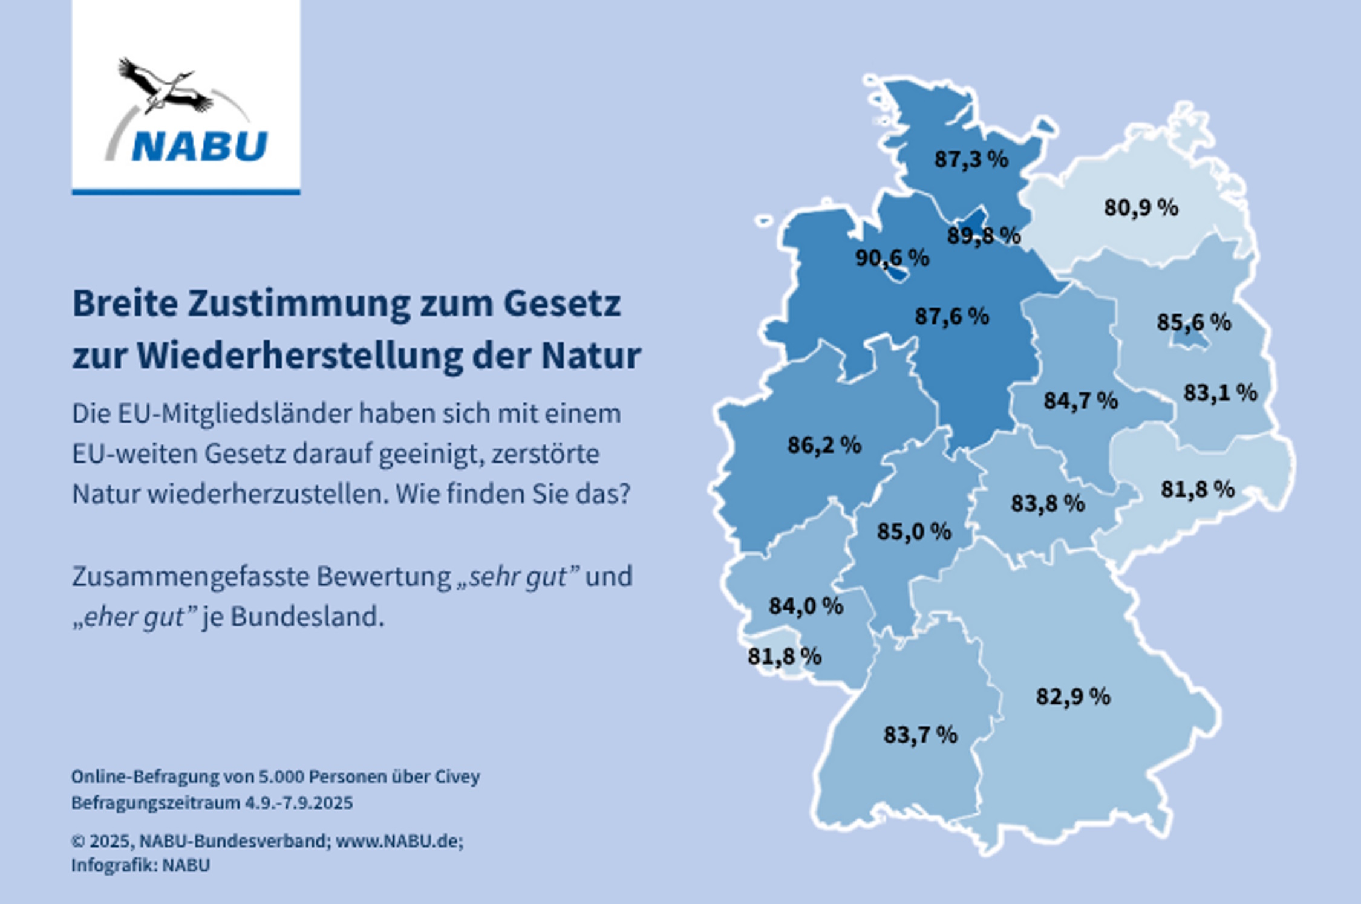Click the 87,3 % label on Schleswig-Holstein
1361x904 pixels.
[x=971, y=160]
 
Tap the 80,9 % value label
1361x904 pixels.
[x=1141, y=208]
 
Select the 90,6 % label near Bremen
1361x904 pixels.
[x=892, y=258]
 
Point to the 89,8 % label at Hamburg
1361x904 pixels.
[x=984, y=235]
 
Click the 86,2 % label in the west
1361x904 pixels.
[x=824, y=446]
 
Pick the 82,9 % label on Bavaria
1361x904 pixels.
[x=1073, y=697]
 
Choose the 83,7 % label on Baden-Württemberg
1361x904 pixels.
[x=920, y=735]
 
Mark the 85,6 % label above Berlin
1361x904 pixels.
[x=1193, y=322]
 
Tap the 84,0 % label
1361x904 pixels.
[x=806, y=606]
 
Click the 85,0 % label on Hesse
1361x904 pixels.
[x=914, y=532]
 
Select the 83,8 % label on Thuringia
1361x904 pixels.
[x=1048, y=503]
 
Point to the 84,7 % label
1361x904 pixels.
[x=1080, y=401]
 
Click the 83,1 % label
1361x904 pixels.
[x=1220, y=393]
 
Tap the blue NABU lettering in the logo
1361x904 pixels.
[x=200, y=147]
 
